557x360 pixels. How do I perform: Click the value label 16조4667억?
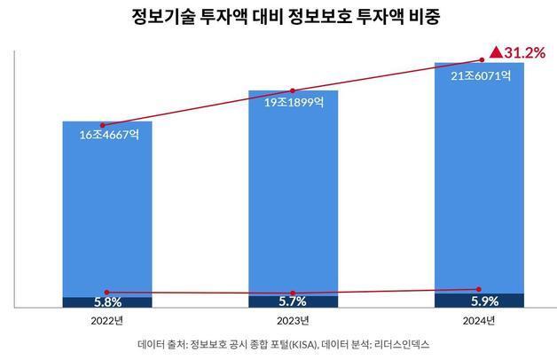tap(107, 136)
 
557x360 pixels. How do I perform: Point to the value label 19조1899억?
tap(293, 103)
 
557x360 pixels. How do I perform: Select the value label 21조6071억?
tap(479, 76)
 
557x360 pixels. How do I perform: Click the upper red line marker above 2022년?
tap(103, 125)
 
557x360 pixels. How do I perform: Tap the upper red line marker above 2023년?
tap(291, 90)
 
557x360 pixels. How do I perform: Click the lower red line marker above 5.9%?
tap(479, 289)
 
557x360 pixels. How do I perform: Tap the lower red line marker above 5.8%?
tap(107, 292)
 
